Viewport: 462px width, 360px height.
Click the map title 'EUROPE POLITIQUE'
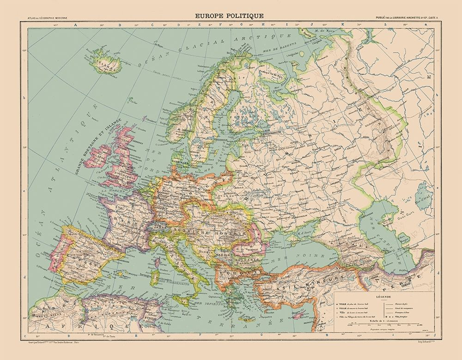point(230,16)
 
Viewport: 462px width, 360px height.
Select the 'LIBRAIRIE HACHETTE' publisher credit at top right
point(407,18)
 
